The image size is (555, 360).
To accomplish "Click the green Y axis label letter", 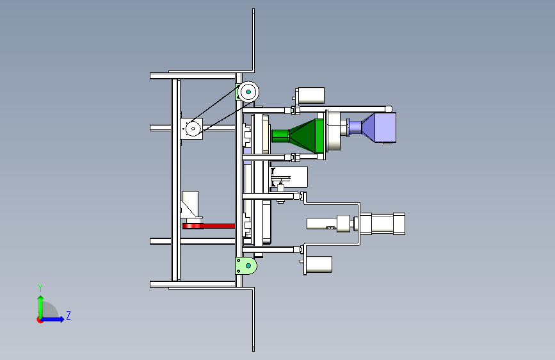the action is tap(40, 288).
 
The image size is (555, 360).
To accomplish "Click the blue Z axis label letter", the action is tap(68, 315).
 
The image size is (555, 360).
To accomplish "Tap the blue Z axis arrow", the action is tap(53, 319).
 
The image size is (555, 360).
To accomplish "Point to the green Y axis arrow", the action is tap(41, 307).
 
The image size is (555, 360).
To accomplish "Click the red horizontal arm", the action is tap(209, 226).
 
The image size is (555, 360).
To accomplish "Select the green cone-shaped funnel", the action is tap(307, 136).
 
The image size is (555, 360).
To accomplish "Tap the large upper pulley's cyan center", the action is tap(248, 92).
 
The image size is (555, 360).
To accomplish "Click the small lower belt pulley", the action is tap(193, 129).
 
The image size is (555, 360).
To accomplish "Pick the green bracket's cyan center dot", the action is tap(248, 265).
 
